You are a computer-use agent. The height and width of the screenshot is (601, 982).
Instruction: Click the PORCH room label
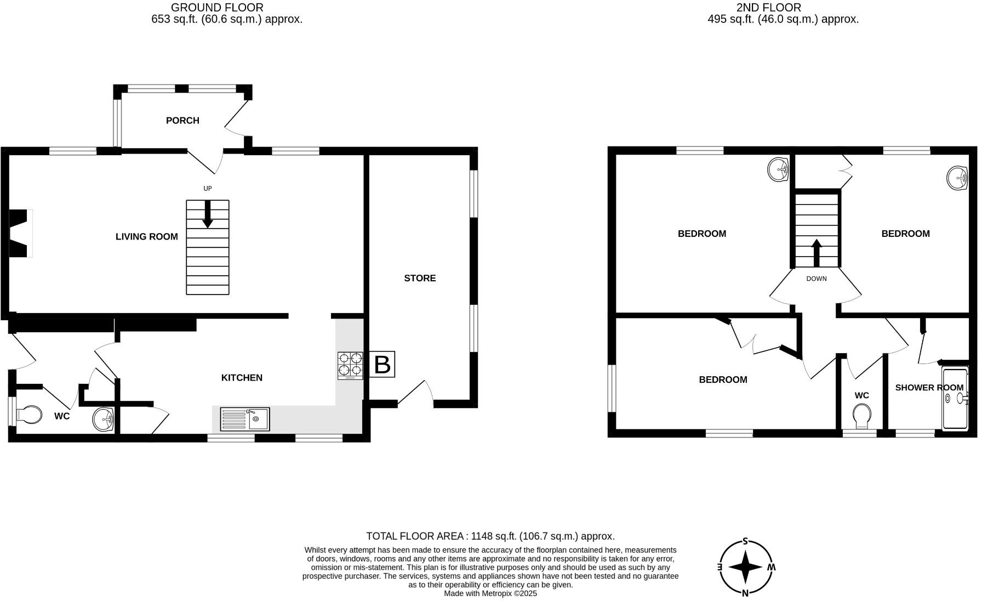pos(182,121)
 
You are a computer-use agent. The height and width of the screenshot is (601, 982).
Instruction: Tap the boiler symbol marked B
pos(382,365)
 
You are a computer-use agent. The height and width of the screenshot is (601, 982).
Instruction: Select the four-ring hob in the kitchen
pos(350,366)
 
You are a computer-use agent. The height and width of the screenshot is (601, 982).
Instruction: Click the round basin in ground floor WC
pos(104,419)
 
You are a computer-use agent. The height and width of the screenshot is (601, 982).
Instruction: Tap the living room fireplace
pos(20,233)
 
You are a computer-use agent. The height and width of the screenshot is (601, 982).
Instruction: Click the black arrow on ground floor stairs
pos(208,214)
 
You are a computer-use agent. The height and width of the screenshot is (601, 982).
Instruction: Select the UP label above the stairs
pos(208,189)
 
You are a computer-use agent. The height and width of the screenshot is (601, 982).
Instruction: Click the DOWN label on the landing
pos(816,279)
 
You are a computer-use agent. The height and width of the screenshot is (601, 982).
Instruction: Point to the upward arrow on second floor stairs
pos(816,253)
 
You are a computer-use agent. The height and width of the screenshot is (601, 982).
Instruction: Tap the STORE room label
pos(420,279)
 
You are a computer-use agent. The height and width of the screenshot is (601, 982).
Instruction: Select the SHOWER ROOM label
pos(929,388)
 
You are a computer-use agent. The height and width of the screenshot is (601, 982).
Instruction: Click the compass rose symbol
pos(745,568)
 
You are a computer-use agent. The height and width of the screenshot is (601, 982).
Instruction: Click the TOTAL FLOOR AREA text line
pos(490,536)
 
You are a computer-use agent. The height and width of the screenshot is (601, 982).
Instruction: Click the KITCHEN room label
pos(242,378)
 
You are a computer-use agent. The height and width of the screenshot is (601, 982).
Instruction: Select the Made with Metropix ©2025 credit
pos(490,593)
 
